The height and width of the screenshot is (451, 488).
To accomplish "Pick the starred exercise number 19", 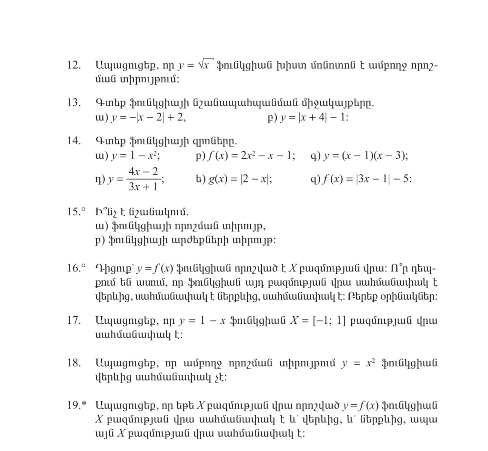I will tap(77, 406).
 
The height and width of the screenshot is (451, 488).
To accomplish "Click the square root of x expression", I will tap(205, 65).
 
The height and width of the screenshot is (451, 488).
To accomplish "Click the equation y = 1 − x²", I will tap(134, 156).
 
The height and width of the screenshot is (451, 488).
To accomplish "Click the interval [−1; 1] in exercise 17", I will tap(328, 320).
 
